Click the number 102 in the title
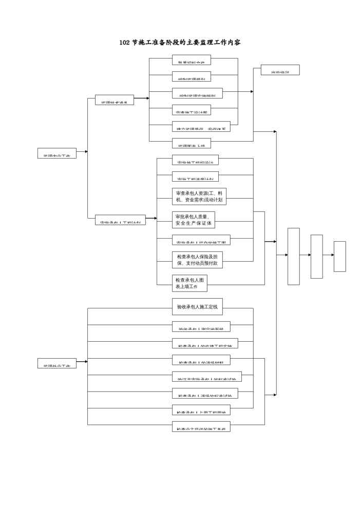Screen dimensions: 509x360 pyautogui.click(x=124, y=43)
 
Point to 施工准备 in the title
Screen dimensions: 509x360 pyautogui.click(x=152, y=43)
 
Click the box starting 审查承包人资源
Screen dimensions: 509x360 pyautogui.click(x=199, y=197)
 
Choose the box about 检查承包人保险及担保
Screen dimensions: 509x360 pyautogui.click(x=198, y=260)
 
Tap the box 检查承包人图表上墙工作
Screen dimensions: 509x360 pyautogui.click(x=190, y=283)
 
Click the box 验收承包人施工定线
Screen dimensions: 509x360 pyautogui.click(x=197, y=307)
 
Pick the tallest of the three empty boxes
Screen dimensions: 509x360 pyautogui.click(x=293, y=256)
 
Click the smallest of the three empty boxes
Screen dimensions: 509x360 pyautogui.click(x=339, y=256)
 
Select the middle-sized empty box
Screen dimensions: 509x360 pyautogui.click(x=316, y=256)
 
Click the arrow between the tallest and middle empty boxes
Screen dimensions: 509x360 pyautogui.click(x=305, y=254)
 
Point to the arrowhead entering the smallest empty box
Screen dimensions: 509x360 pyautogui.click(x=332, y=254)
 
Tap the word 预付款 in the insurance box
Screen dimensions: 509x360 pyautogui.click(x=212, y=263)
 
